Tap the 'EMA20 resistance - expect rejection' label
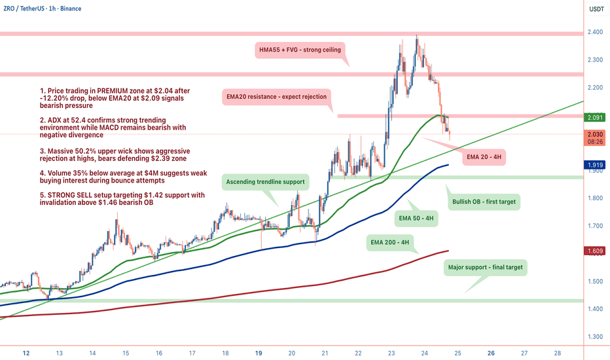tap(276, 96)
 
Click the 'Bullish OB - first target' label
tap(483, 202)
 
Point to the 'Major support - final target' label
tap(485, 267)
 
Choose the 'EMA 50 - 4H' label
tap(416, 219)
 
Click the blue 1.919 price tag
tap(596, 165)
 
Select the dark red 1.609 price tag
tap(596, 251)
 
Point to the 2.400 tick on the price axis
tap(596, 33)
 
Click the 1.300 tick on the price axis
tap(596, 336)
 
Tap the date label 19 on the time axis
tap(259, 352)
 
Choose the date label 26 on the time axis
tap(491, 352)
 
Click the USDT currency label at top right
tap(596, 9)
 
